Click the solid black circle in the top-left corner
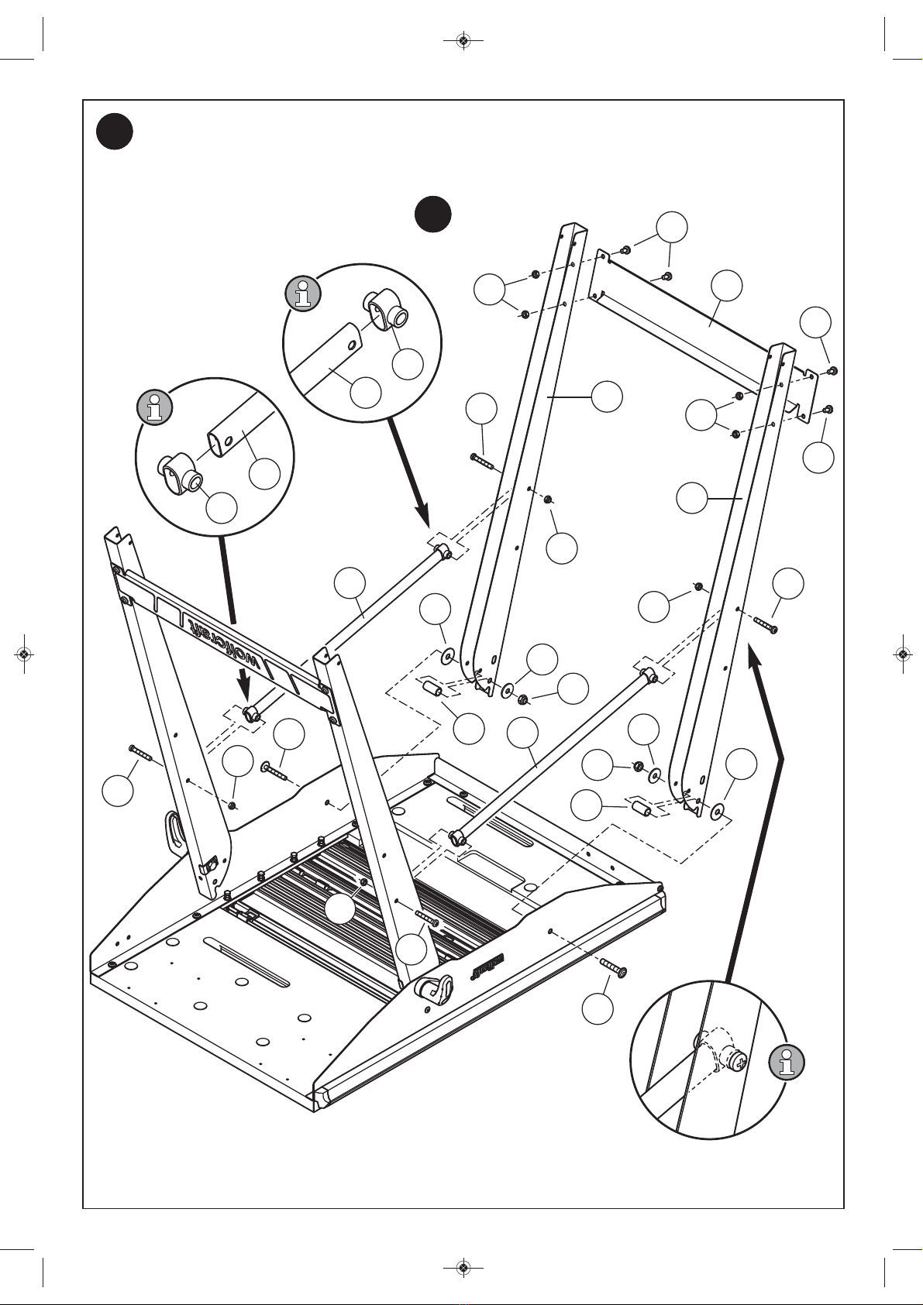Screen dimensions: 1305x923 pos(114,132)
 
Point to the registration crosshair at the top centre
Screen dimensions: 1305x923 pos(463,40)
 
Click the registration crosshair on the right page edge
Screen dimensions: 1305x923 pos(902,654)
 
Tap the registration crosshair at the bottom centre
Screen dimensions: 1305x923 pos(463,1268)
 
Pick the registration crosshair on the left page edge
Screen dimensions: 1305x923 pos(24,654)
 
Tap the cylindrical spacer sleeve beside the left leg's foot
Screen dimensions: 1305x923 pos(432,689)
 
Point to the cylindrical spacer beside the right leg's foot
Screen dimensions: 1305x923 pos(641,809)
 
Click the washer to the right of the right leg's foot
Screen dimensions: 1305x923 pos(718,811)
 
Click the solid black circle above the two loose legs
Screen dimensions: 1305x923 pos(432,214)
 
